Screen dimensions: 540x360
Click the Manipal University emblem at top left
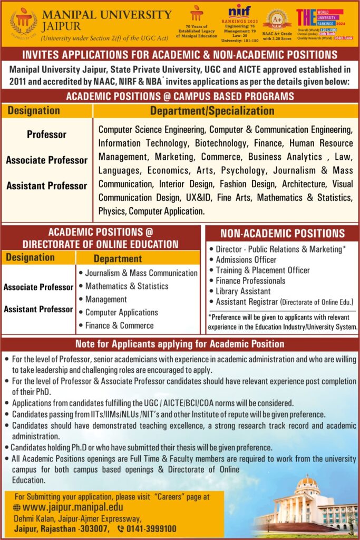pos(24,22)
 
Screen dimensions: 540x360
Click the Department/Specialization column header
pos(212,111)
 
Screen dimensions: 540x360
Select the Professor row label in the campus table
pos(46,134)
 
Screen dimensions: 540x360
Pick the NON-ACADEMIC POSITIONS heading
pos(282,234)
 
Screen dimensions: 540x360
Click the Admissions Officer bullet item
pos(246,259)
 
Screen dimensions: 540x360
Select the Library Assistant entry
pos(243,291)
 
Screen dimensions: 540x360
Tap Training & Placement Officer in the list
pos(262,270)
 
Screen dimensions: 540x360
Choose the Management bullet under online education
pos(106,299)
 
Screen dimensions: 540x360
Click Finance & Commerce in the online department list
pos(119,325)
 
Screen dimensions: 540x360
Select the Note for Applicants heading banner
pos(180,344)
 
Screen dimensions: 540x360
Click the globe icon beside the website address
pos(18,507)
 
